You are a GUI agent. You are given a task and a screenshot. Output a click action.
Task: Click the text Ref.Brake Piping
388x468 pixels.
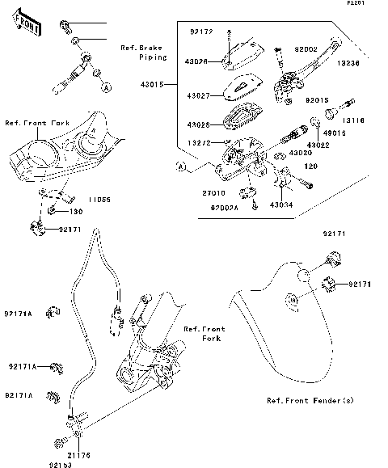point(144,53)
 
